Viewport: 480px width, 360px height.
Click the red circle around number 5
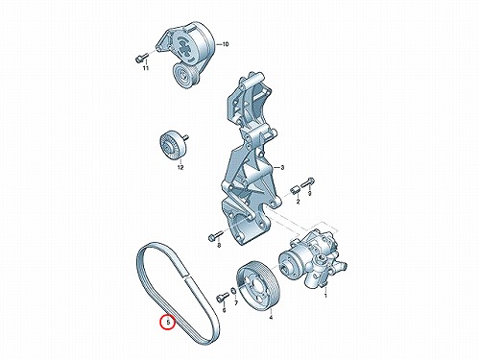point(161,323)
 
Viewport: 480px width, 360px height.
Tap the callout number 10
point(226,44)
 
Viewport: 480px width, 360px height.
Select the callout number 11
point(146,68)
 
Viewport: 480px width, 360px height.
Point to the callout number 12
point(180,167)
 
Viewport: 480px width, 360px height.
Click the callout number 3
point(282,167)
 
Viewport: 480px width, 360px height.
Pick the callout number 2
point(298,202)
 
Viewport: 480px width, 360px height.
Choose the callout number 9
point(309,193)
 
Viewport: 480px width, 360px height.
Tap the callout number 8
point(219,246)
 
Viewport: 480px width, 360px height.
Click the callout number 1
point(325,296)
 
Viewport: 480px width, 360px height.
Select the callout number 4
point(271,318)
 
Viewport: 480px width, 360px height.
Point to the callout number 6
point(224,310)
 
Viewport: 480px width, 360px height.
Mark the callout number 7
point(235,302)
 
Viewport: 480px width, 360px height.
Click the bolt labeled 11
point(140,58)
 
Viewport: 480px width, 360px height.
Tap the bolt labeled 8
point(214,237)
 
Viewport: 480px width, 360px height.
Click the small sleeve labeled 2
point(295,189)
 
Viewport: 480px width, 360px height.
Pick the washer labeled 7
point(234,292)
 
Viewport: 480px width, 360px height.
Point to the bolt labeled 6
point(222,298)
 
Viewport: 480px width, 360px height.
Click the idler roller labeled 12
point(173,145)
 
